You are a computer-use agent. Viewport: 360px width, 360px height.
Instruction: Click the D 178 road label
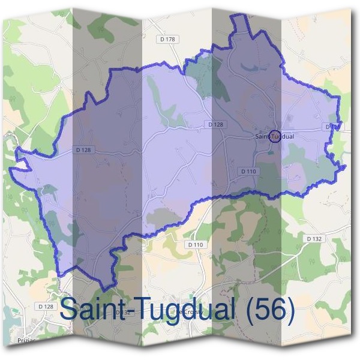coord(168,40)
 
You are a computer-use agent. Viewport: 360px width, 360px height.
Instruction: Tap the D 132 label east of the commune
coord(314,238)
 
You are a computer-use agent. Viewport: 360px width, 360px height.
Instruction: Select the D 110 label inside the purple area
coord(249,171)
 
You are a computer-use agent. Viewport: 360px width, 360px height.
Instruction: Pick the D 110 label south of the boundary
coord(196,245)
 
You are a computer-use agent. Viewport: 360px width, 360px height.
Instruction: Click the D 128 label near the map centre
coord(215,124)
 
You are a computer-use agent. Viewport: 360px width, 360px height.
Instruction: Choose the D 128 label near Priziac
coord(46,307)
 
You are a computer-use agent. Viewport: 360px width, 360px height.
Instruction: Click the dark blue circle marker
coord(275,136)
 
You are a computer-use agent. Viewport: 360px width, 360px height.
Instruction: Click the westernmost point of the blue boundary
coord(10,170)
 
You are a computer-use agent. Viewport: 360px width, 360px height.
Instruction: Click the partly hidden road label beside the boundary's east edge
coord(332,127)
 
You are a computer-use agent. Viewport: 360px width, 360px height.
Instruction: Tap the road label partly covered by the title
coord(122,313)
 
